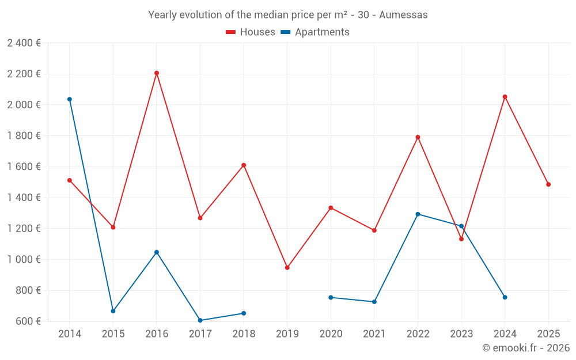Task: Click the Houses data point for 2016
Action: tap(157, 73)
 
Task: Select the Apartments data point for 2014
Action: tap(70, 99)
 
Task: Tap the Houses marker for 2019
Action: tap(287, 267)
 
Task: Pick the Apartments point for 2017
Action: tap(200, 320)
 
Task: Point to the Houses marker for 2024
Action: tap(505, 97)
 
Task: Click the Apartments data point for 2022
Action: tap(418, 214)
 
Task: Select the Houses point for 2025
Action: tap(548, 184)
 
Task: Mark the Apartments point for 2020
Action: tap(331, 297)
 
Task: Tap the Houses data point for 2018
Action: tap(244, 165)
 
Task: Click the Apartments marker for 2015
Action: tap(113, 311)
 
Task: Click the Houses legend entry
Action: tap(251, 32)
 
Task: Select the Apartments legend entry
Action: tap(315, 32)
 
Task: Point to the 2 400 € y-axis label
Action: tap(24, 43)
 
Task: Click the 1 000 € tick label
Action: tap(24, 259)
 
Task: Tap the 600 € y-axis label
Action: tap(28, 321)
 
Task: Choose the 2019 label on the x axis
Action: tap(287, 334)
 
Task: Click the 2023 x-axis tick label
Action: tap(461, 334)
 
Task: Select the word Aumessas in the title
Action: tap(403, 15)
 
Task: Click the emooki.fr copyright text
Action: tap(526, 348)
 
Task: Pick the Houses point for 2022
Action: tap(418, 137)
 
